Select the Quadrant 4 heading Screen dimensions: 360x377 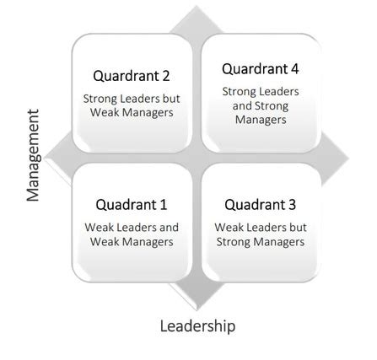[260, 69]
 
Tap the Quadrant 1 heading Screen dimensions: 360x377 [131, 205]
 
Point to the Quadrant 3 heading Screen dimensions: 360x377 [260, 205]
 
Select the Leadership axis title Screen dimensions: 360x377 [197, 325]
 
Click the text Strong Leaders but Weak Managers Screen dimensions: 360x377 [131, 105]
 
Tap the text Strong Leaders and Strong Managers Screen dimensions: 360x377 [260, 105]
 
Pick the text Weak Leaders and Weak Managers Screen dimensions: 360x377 [131, 234]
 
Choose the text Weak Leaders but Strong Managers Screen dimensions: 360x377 [260, 234]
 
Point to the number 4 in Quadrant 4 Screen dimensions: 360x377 [294, 69]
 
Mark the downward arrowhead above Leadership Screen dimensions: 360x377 [197, 295]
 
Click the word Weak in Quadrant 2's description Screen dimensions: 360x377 [102, 113]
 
